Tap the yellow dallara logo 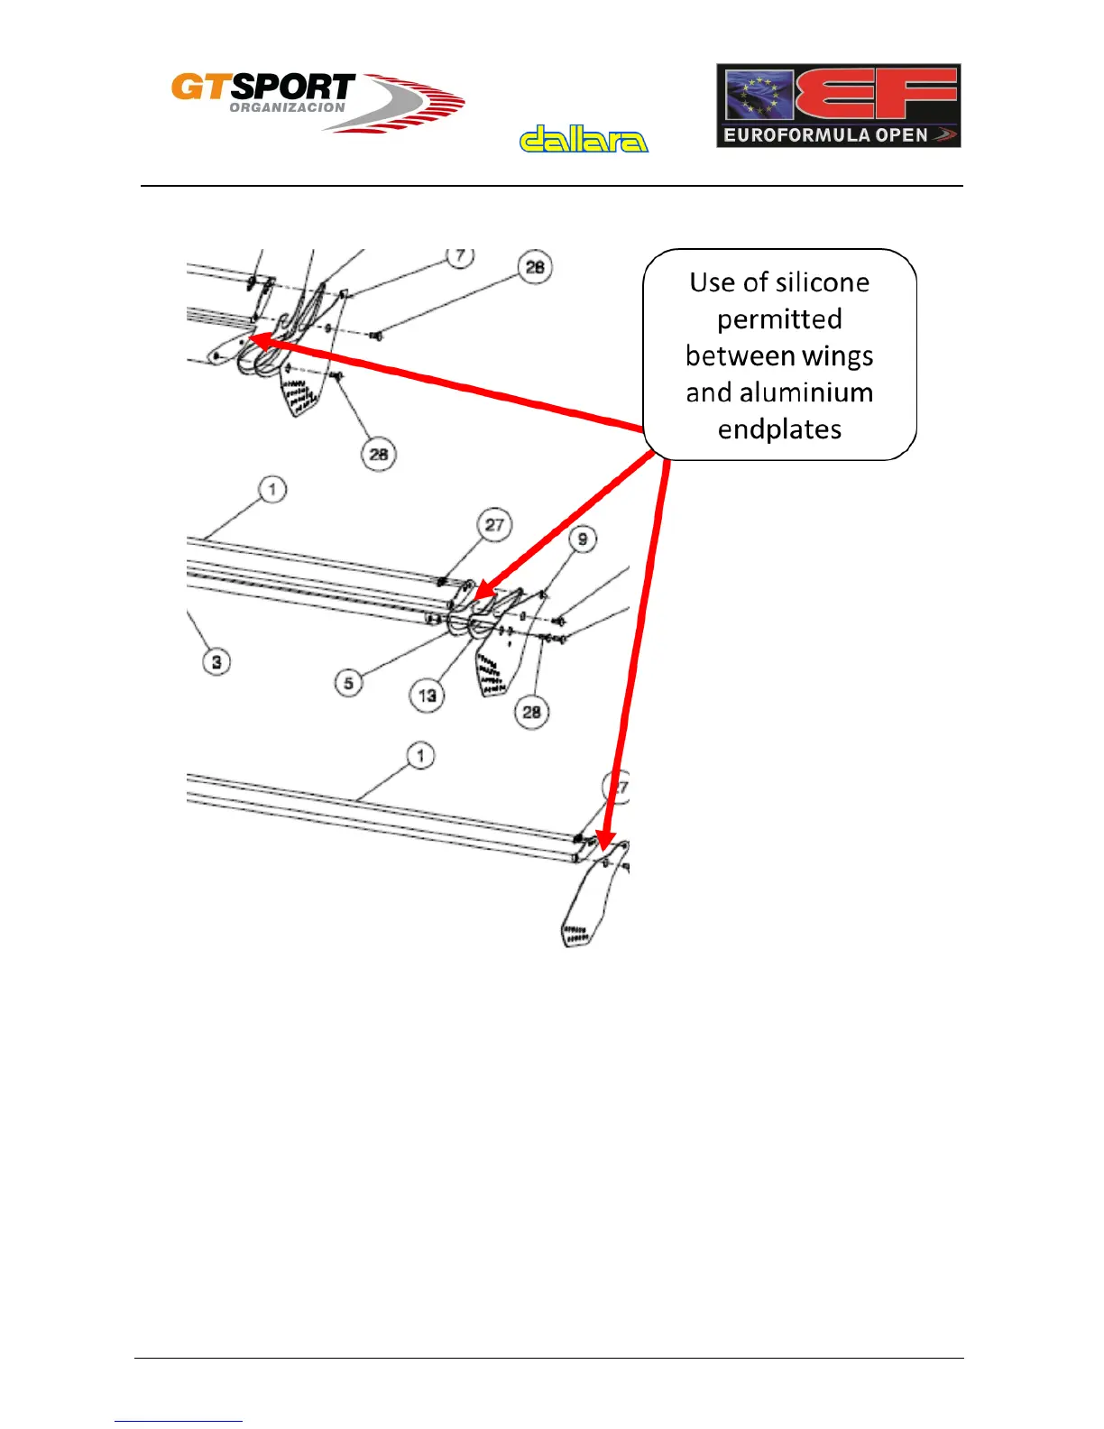[584, 139]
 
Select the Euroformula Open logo [838, 106]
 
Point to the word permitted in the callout [779, 319]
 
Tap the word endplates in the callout [779, 429]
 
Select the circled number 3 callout [216, 662]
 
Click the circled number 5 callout [349, 683]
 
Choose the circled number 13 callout [428, 696]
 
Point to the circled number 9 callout [583, 539]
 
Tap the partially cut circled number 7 [461, 256]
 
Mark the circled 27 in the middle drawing [494, 525]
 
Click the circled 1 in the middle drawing [272, 490]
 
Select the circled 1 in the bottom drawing [420, 755]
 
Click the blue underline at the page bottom [179, 1421]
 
